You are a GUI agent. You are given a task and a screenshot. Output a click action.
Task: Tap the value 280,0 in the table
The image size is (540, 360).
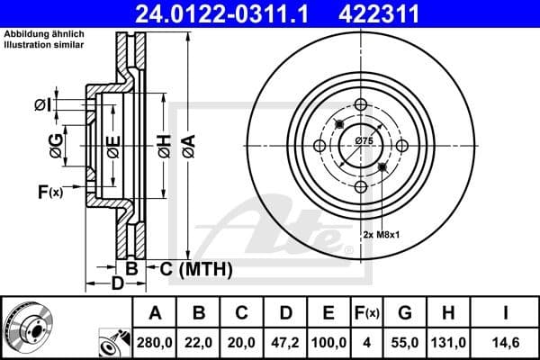156,343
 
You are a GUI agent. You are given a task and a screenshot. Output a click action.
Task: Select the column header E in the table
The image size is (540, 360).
328,313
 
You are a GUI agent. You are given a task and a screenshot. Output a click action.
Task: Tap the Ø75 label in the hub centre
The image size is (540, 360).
364,141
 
